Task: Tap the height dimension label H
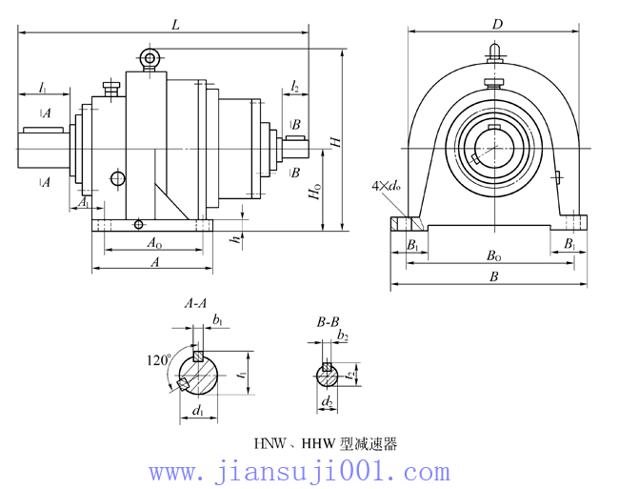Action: tap(334, 142)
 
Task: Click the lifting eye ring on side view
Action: tap(149, 59)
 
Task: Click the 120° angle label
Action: tap(157, 360)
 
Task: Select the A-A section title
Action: tap(196, 304)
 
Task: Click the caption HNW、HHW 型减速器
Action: tap(325, 443)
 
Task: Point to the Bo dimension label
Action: tap(494, 255)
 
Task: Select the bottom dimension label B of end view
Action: tap(493, 276)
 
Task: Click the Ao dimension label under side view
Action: tap(152, 244)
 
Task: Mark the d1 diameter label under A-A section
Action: tap(197, 412)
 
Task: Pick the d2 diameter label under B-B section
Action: tap(327, 402)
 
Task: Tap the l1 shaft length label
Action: tap(43, 87)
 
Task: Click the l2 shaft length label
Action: tap(295, 88)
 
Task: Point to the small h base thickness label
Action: tap(235, 238)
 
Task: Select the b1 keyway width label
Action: tap(218, 319)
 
